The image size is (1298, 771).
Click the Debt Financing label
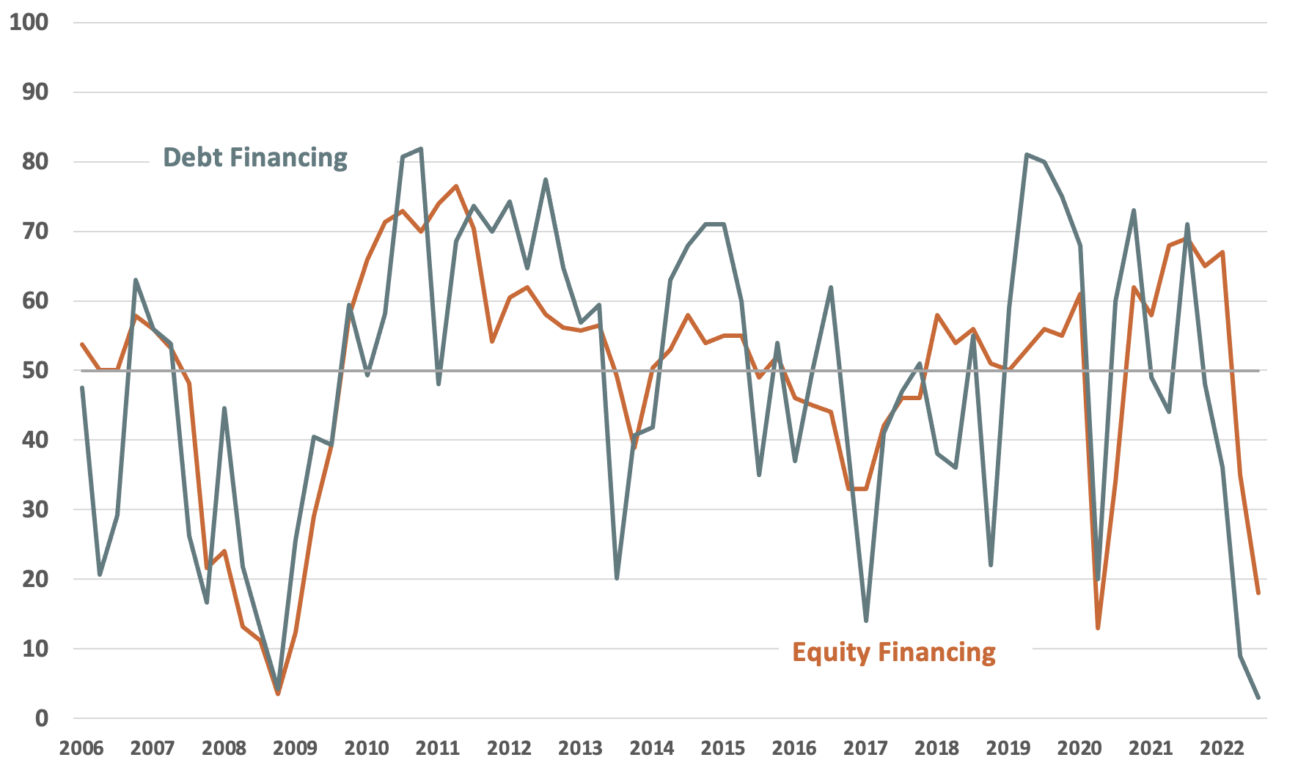[x=254, y=158]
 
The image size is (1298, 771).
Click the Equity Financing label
[x=893, y=652]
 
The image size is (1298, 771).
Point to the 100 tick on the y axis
[x=29, y=22]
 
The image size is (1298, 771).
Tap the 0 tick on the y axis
[x=41, y=718]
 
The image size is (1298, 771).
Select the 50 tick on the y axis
[x=34, y=370]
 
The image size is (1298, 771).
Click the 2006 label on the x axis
[x=81, y=748]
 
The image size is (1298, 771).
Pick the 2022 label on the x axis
[x=1221, y=748]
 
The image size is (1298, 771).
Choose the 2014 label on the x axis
[x=651, y=748]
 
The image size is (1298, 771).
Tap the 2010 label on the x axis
[x=366, y=748]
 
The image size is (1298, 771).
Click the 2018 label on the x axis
[x=936, y=748]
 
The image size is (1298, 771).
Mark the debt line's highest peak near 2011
[x=420, y=149]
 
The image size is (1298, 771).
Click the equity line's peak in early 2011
[x=456, y=186]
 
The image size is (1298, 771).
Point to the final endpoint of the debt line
[x=1258, y=698]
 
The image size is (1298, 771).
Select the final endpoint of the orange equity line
[x=1258, y=593]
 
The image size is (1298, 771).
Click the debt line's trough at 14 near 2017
[x=866, y=621]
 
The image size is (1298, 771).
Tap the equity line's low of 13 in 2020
[x=1098, y=628]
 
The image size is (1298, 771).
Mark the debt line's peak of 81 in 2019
[x=1027, y=155]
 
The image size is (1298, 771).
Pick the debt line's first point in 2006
[x=82, y=388]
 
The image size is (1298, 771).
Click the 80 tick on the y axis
[x=34, y=161]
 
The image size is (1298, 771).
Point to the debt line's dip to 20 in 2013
[x=617, y=578]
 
